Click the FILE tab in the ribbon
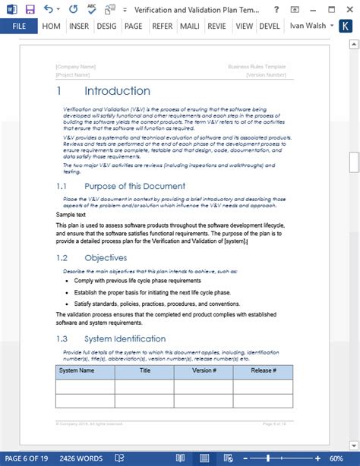point(19,26)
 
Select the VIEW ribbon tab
point(244,26)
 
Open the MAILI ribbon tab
point(189,26)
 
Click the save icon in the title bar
point(30,9)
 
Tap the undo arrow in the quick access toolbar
point(49,9)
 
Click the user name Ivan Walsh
point(309,26)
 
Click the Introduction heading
point(117,91)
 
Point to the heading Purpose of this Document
point(134,186)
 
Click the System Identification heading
point(125,338)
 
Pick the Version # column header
point(204,371)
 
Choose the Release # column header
point(263,371)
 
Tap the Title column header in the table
point(144,371)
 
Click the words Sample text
point(71,215)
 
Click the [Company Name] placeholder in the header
point(77,67)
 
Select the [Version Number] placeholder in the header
point(266,74)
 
